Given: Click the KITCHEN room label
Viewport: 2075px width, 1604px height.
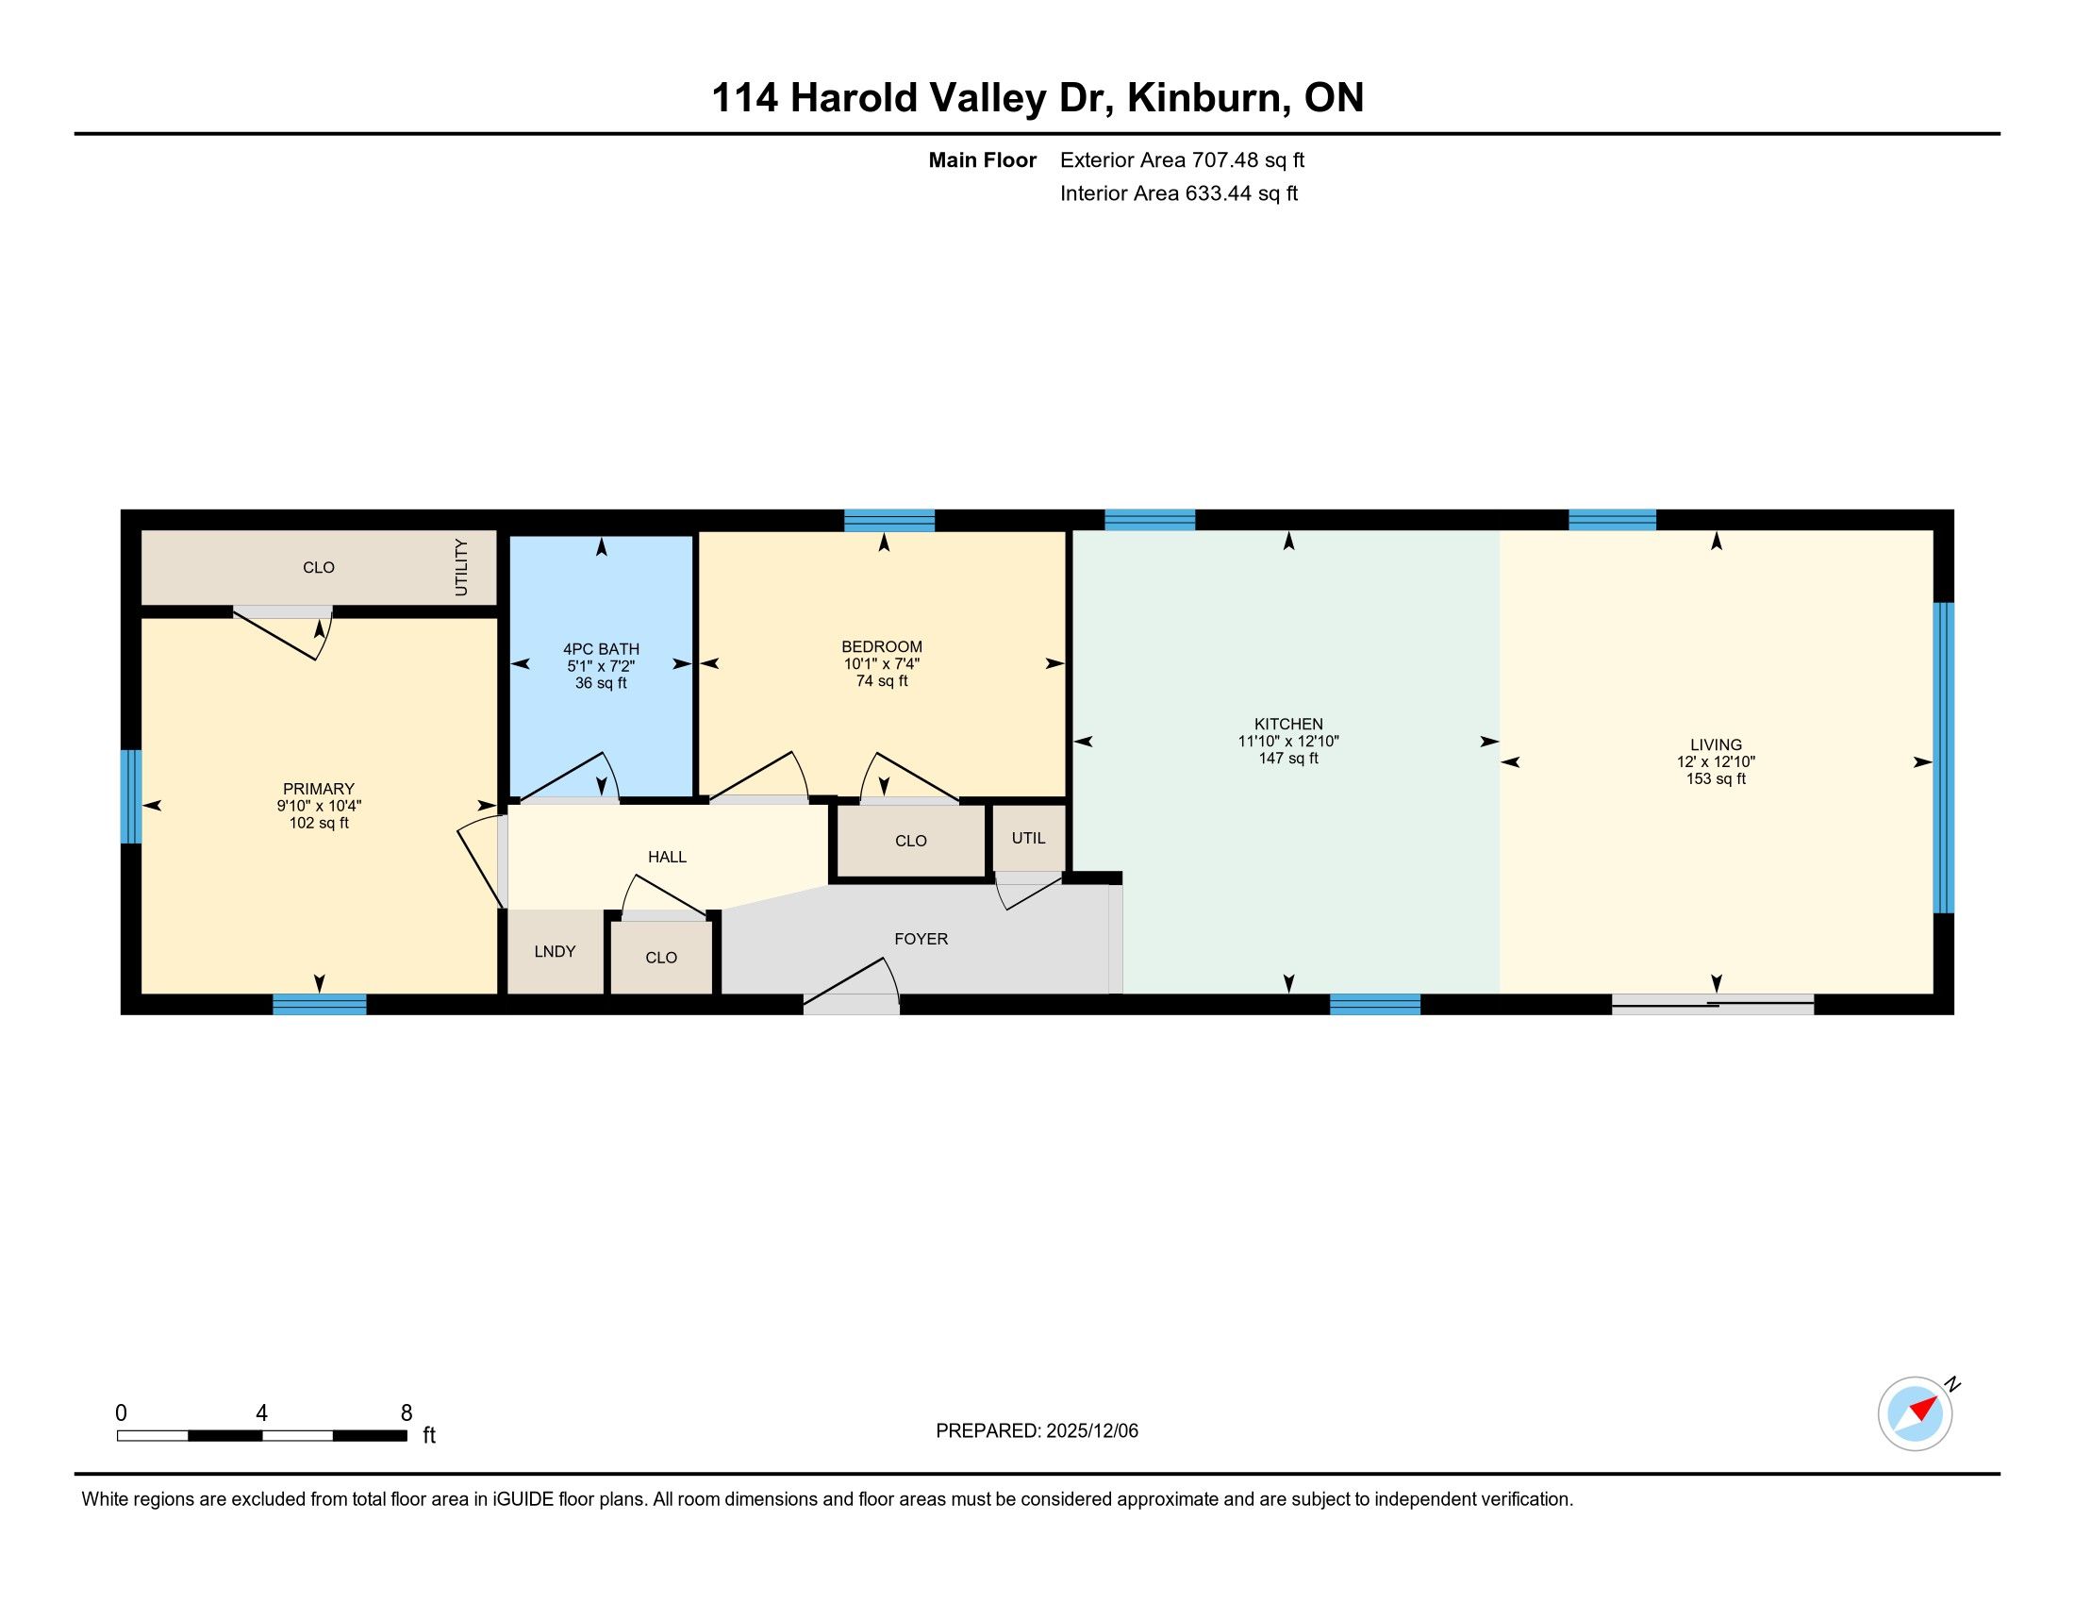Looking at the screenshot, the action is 1288,724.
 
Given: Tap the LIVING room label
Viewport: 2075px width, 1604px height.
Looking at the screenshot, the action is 1716,745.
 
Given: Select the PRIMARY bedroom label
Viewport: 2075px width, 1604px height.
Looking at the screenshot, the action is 318,789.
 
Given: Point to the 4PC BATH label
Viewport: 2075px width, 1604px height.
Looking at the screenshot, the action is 601,649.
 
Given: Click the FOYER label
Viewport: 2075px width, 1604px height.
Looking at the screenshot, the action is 921,939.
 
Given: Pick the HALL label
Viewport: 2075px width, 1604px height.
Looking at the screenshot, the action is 667,857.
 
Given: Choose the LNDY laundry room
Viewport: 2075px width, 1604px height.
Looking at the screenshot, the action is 555,951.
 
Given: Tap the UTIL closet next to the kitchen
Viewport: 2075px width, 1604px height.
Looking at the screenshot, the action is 1028,838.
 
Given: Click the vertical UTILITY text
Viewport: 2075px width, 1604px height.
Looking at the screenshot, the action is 461,567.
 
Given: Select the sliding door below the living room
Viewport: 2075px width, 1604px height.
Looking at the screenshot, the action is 1713,1004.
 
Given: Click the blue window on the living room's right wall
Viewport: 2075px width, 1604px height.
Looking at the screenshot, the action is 1944,758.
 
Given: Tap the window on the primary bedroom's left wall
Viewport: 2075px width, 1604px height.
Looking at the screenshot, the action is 131,796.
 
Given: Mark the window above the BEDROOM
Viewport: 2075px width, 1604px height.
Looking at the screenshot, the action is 889,521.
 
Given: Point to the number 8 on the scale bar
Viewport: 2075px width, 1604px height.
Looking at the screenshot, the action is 407,1413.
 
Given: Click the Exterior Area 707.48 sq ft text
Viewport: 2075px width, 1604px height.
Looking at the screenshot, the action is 1182,160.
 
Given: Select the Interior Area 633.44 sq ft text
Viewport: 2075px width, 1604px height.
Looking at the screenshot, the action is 1178,193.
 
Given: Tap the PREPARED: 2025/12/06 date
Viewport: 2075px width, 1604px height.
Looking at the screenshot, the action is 1037,1431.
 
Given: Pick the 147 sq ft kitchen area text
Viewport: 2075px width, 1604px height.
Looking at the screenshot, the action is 1288,759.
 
